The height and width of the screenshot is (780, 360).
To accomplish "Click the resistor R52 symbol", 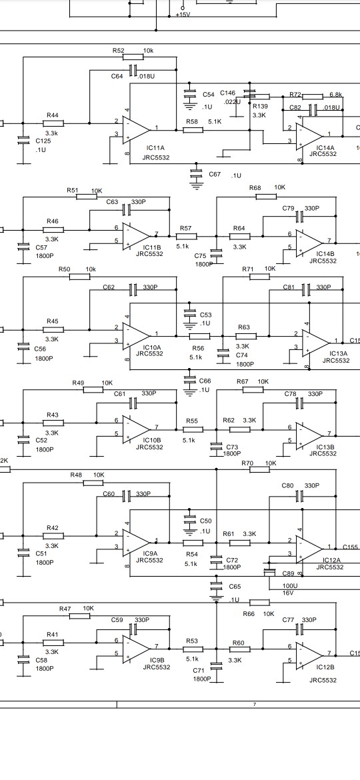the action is [x=133, y=57].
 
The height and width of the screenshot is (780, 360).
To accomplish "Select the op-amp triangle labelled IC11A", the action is [x=136, y=129].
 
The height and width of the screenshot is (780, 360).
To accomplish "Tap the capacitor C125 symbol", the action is [x=23, y=141].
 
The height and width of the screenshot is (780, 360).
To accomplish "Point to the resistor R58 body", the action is [x=193, y=130].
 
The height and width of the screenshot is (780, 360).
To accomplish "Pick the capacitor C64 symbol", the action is [x=133, y=71].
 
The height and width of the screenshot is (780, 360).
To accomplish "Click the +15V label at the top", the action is [x=183, y=15].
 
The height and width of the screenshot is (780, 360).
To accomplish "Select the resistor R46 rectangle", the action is [x=53, y=230].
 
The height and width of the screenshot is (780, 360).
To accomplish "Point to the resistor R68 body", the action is [x=266, y=197].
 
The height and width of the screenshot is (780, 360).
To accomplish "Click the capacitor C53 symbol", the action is [x=190, y=315].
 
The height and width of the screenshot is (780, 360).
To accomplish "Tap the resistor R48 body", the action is [x=93, y=483].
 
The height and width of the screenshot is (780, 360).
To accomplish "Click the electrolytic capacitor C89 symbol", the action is [x=269, y=573].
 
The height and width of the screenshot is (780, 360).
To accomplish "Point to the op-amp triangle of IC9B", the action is [x=136, y=649].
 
